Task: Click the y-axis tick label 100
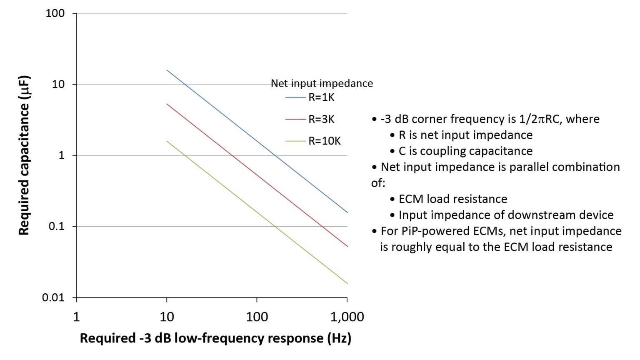pyautogui.click(x=55, y=13)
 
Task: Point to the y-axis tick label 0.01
pyautogui.click(x=53, y=297)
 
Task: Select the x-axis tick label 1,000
pyautogui.click(x=347, y=317)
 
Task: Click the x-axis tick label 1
pyautogui.click(x=76, y=317)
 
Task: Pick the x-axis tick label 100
pyautogui.click(x=257, y=317)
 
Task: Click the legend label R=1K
pyautogui.click(x=321, y=97)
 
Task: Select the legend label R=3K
pyautogui.click(x=321, y=119)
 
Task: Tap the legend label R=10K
pyautogui.click(x=324, y=141)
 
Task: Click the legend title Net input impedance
pyautogui.click(x=322, y=83)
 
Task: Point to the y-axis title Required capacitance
pyautogui.click(x=24, y=155)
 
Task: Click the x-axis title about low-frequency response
pyautogui.click(x=215, y=338)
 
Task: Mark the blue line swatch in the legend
pyautogui.click(x=295, y=97)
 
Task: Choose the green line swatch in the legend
pyautogui.click(x=295, y=141)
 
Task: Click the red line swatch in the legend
pyautogui.click(x=295, y=120)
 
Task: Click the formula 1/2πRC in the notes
pyautogui.click(x=541, y=119)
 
